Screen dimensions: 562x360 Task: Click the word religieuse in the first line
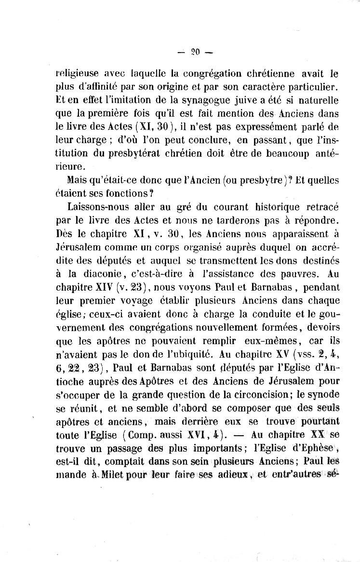(78, 74)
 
